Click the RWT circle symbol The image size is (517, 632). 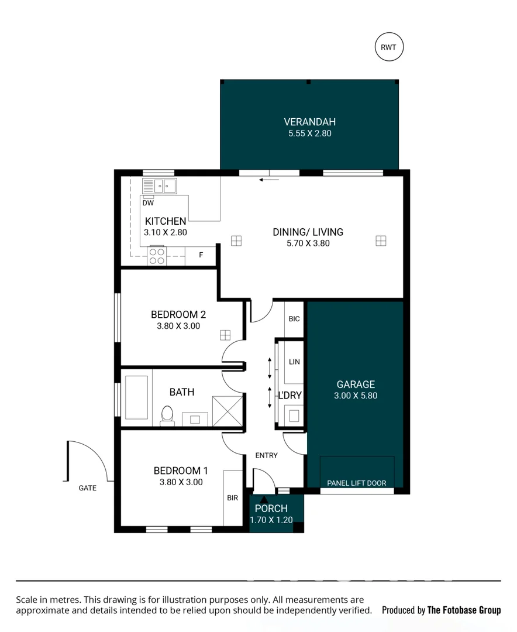(x=389, y=48)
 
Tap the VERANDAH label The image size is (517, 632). (x=309, y=122)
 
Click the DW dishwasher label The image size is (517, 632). (x=148, y=203)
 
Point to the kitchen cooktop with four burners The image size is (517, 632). (x=157, y=256)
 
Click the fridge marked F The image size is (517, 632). (x=201, y=255)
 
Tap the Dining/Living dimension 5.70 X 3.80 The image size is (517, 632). (x=308, y=243)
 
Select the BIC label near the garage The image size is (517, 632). (x=294, y=319)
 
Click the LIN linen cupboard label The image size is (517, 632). (x=294, y=362)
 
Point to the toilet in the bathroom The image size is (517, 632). (x=167, y=415)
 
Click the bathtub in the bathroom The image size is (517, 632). (x=137, y=397)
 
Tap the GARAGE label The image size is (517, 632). (x=356, y=384)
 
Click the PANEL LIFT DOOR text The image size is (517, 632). (x=357, y=483)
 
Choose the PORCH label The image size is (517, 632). (x=271, y=509)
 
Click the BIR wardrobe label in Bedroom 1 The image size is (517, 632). (x=232, y=498)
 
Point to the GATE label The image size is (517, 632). (x=88, y=487)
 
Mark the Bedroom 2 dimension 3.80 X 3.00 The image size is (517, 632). (x=178, y=326)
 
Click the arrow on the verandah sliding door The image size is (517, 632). (x=270, y=180)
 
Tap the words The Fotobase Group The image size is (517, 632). (x=464, y=610)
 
